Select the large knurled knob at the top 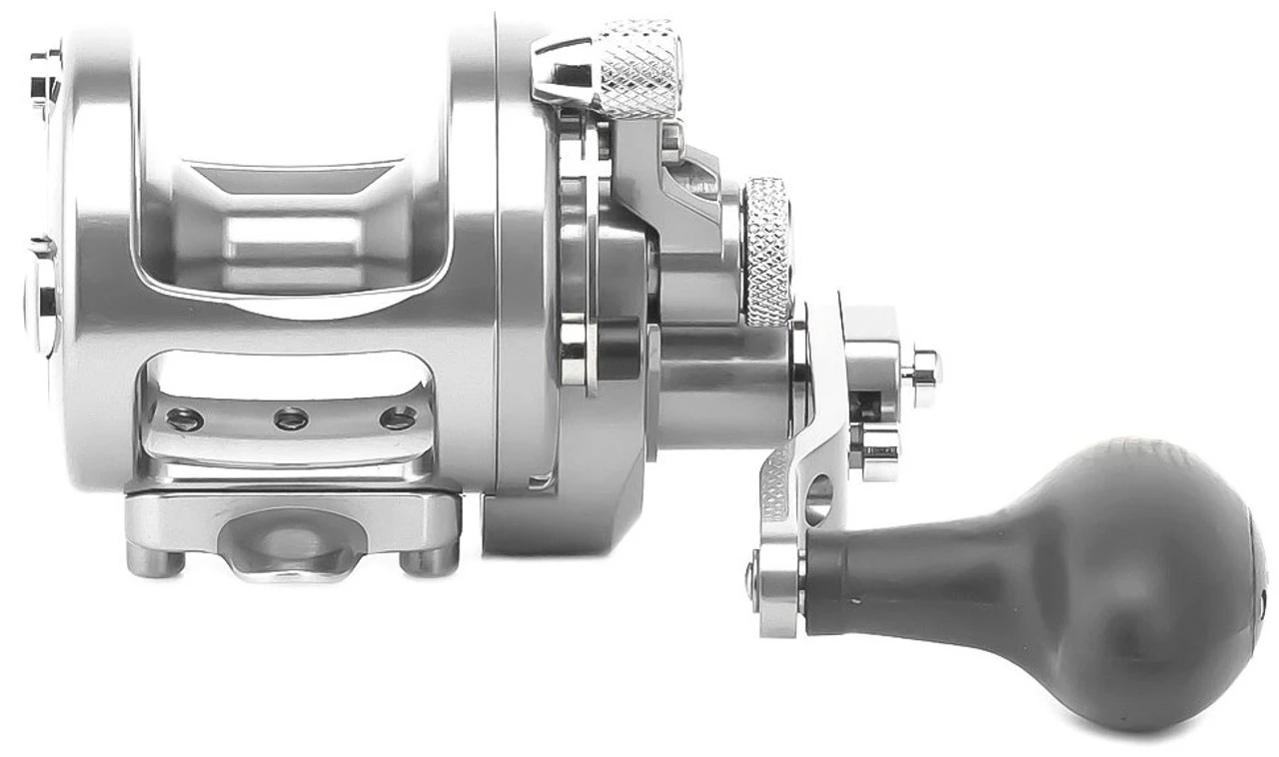pyautogui.click(x=639, y=64)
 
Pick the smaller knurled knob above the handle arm pyautogui.click(x=767, y=250)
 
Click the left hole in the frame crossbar pyautogui.click(x=185, y=419)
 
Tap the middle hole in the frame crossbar pyautogui.click(x=291, y=419)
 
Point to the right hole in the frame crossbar pyautogui.click(x=397, y=417)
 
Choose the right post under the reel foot pyautogui.click(x=429, y=561)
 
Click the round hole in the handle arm pyautogui.click(x=817, y=496)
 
